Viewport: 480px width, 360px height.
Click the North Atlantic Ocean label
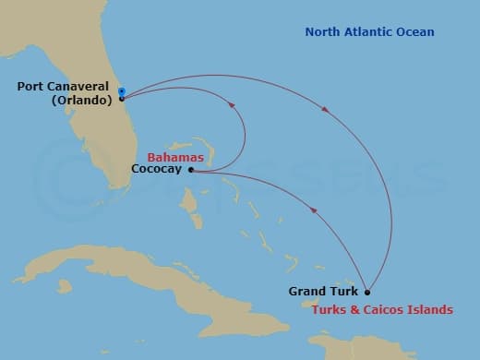point(369,33)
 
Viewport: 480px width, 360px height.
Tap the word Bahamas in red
point(175,158)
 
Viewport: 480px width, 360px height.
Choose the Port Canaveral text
point(62,87)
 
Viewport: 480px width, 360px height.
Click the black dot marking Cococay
point(191,170)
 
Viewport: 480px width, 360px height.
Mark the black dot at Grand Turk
point(367,292)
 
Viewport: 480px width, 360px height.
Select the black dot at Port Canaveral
point(122,98)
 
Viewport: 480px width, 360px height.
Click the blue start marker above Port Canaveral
point(122,90)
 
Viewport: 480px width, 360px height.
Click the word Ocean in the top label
point(414,33)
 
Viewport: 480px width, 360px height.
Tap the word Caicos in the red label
point(388,309)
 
